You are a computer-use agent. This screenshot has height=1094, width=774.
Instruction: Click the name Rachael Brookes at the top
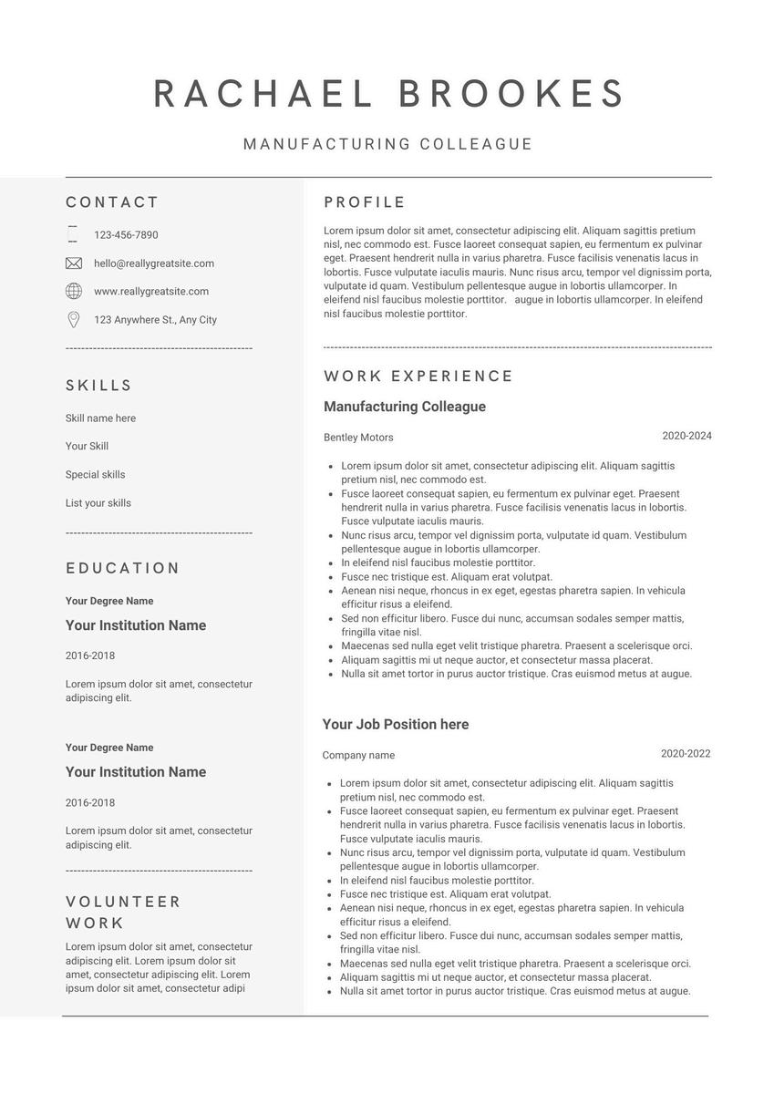[388, 94]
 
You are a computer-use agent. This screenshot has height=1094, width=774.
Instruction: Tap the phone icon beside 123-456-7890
[73, 234]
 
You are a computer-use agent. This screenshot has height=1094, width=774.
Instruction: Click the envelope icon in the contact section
[74, 263]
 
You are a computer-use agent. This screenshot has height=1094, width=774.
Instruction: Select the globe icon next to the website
[74, 291]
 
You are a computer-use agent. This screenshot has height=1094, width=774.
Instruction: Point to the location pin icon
[74, 320]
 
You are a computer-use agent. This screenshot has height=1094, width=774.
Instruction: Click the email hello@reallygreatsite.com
[154, 263]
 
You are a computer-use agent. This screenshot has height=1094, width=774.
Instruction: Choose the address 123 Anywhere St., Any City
[155, 320]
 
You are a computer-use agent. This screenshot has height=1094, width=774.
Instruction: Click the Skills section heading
[99, 386]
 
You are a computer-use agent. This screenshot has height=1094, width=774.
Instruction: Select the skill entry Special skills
[95, 475]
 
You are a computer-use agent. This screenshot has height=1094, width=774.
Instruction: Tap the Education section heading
[123, 568]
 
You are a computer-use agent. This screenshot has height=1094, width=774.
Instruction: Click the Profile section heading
[365, 202]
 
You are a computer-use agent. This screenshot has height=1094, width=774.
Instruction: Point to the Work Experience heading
[418, 376]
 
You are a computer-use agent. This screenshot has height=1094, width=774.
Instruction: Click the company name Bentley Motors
[358, 438]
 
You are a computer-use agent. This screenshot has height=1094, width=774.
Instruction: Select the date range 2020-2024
[686, 436]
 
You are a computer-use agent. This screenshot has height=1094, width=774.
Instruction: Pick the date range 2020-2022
[685, 754]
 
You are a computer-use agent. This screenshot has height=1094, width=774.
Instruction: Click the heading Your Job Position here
[395, 725]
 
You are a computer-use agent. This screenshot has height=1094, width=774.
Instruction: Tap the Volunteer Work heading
[123, 913]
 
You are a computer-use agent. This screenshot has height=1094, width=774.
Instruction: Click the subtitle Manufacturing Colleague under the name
[387, 144]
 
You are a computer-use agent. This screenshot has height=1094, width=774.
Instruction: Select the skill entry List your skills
[98, 503]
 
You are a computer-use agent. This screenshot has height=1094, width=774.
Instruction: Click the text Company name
[358, 756]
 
